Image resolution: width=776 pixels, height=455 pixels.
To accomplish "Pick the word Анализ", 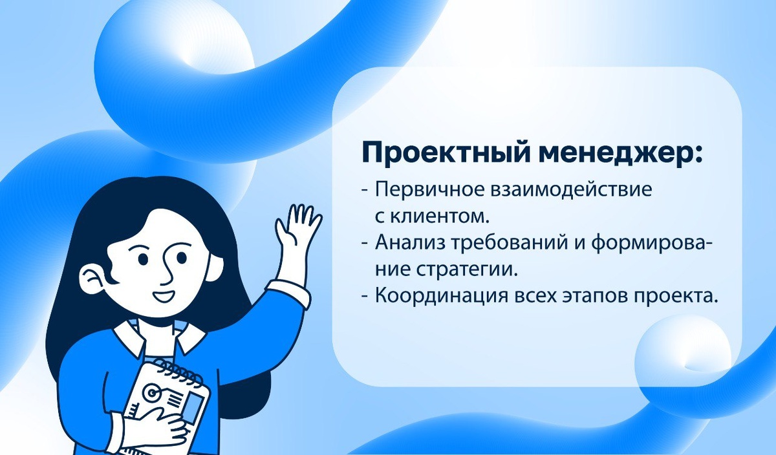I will (406, 243).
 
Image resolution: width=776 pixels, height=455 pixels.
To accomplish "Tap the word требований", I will (502, 243).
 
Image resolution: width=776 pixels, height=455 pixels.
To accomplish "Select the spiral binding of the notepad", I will (169, 370).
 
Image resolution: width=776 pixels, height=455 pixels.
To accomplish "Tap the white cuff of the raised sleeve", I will (288, 292).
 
